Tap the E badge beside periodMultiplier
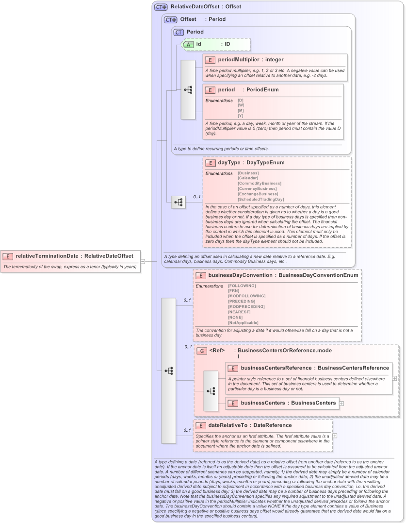tap(211, 60)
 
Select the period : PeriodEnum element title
tap(248, 90)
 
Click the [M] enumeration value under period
tap(241, 111)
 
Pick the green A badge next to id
tap(189, 44)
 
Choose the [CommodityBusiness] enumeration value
tap(259, 183)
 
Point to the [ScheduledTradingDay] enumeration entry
tap(260, 199)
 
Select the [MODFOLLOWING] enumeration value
tap(246, 296)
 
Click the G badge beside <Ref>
tap(201, 351)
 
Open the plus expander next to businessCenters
tap(341, 403)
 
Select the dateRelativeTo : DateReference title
tap(250, 425)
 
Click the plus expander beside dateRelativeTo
tap(334, 436)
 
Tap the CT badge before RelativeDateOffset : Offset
tap(161, 7)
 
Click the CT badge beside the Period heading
tap(179, 32)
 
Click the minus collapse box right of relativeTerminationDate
tap(143, 261)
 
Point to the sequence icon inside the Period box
tap(188, 90)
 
